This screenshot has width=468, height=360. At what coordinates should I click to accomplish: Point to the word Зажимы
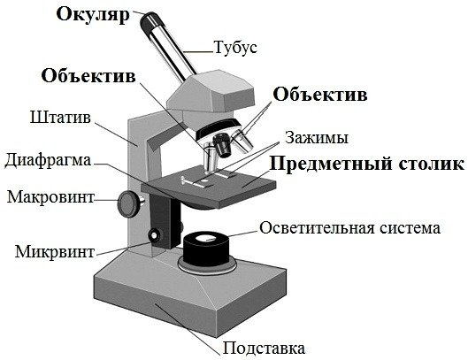point(316,139)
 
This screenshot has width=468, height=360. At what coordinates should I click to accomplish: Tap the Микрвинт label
point(53,251)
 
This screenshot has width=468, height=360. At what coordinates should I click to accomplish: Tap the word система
point(408,228)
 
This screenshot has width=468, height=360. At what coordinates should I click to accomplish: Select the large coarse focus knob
point(129,204)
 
